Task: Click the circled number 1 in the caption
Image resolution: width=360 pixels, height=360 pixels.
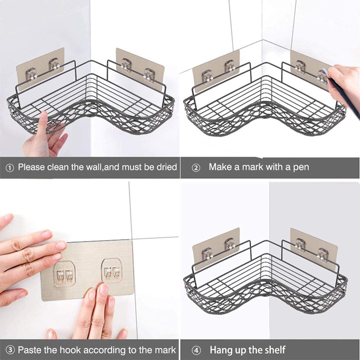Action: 9,168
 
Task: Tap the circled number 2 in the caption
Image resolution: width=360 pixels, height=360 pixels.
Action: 196,168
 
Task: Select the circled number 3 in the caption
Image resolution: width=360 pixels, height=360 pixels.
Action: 10,350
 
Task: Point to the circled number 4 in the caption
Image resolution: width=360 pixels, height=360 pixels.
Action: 196,351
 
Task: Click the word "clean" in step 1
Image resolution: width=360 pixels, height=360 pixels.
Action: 58,167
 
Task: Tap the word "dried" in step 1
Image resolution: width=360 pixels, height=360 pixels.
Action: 167,167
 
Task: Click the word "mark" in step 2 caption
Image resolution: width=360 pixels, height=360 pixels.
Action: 252,167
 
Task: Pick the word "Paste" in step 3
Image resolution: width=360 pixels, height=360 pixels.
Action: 29,350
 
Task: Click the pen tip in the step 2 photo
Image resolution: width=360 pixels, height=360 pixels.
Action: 324,68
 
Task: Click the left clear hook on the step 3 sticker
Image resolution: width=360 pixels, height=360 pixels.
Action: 64,273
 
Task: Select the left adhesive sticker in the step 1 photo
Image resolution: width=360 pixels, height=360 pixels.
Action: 40,69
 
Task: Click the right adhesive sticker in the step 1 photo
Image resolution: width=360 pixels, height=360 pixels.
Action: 140,68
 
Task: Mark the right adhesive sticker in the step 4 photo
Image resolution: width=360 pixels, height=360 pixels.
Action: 314,249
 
